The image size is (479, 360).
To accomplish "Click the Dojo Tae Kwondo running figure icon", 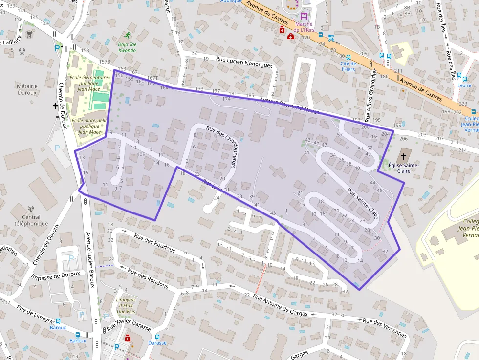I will (128, 35).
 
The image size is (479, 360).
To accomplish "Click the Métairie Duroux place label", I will (27, 89).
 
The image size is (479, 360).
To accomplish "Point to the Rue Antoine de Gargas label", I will (281, 306).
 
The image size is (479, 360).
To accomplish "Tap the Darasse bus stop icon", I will (157, 337).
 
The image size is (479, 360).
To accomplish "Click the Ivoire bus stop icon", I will (459, 76).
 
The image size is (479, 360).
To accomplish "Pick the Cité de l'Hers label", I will (348, 66).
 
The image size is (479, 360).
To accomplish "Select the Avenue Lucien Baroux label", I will (90, 260).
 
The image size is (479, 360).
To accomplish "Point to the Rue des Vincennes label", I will (385, 327).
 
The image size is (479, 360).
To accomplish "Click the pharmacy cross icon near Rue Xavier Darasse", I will (128, 338).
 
